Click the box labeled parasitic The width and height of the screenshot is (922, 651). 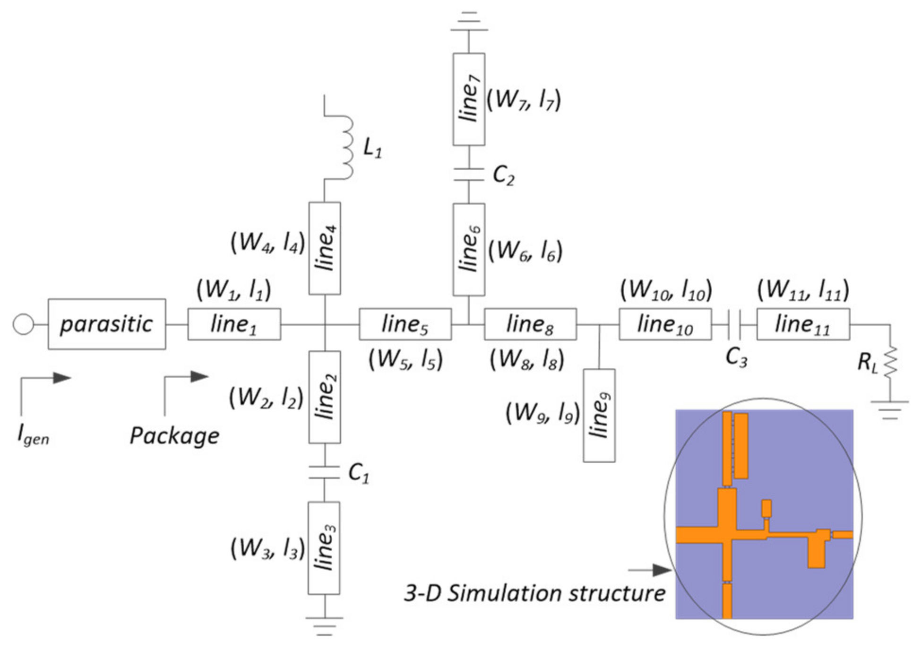coord(107,324)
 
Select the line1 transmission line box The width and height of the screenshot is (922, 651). coord(234,324)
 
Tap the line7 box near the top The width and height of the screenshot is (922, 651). coord(468,99)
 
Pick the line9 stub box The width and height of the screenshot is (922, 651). coord(599,415)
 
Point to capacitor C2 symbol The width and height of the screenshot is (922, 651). coord(468,174)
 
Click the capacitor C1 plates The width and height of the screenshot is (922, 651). coord(324,472)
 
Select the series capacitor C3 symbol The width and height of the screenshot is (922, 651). coord(734,324)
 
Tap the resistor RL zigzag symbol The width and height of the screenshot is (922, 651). coord(890,362)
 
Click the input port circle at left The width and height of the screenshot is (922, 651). coord(23,324)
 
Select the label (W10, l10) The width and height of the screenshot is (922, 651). coord(665,290)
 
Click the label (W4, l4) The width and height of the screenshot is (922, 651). coord(267,243)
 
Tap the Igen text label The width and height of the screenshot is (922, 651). coord(33,434)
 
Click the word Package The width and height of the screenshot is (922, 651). coord(174,435)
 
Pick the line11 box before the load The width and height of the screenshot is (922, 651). coord(803,324)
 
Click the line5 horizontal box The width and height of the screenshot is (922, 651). coord(405,324)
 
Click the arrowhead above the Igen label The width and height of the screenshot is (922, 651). coord(61,378)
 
